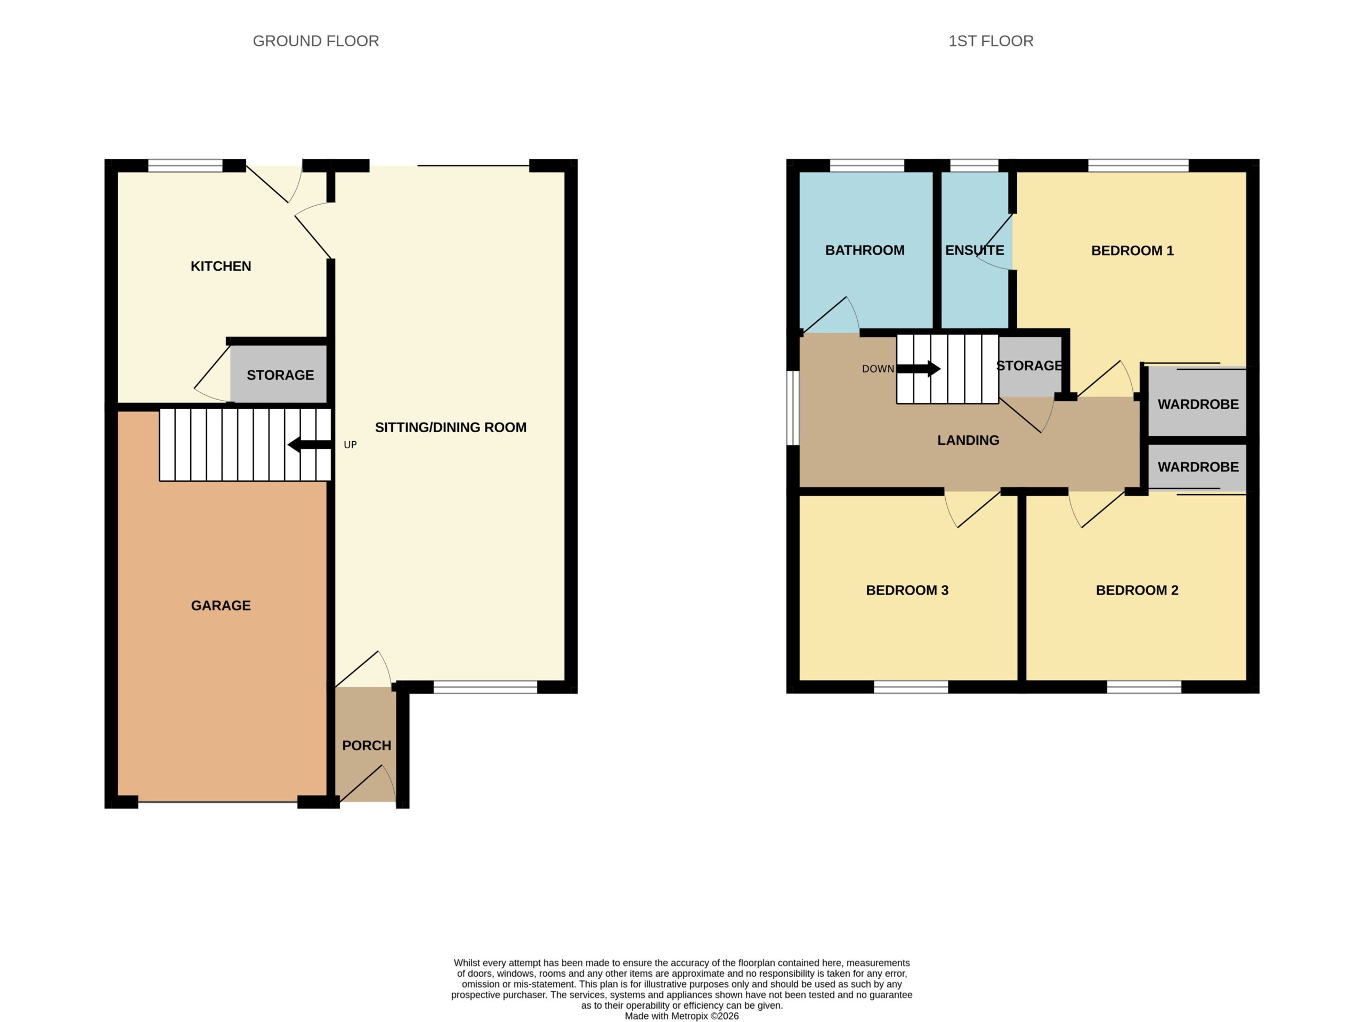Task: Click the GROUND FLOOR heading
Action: pyautogui.click(x=316, y=42)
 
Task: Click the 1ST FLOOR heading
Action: pyautogui.click(x=990, y=42)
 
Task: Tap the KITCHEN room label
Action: pyautogui.click(x=221, y=266)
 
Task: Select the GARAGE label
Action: pyautogui.click(x=221, y=606)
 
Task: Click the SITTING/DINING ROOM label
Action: pyautogui.click(x=451, y=427)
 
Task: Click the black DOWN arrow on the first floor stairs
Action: pyautogui.click(x=918, y=369)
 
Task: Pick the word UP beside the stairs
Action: pyautogui.click(x=350, y=445)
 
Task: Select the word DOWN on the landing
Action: pyautogui.click(x=878, y=369)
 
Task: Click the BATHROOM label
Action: pyautogui.click(x=865, y=250)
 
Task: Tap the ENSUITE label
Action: pyautogui.click(x=975, y=250)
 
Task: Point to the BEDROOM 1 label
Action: pyautogui.click(x=1132, y=251)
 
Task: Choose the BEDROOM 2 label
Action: pyautogui.click(x=1136, y=590)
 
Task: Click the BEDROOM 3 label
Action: pyautogui.click(x=907, y=590)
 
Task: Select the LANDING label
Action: pyautogui.click(x=968, y=440)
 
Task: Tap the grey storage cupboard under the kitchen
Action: pyautogui.click(x=279, y=374)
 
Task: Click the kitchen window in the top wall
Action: pyautogui.click(x=185, y=165)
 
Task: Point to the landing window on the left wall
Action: pyautogui.click(x=793, y=407)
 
